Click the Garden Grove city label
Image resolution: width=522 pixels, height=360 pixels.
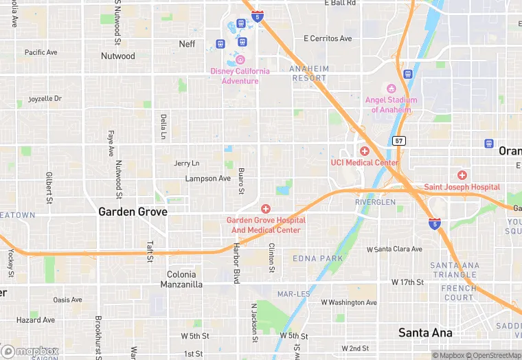(x=133, y=212)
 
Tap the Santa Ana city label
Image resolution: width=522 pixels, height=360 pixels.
(x=426, y=333)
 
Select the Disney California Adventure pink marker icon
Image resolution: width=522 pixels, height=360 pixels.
(x=240, y=60)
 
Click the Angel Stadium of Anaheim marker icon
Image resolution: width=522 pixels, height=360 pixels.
(x=391, y=89)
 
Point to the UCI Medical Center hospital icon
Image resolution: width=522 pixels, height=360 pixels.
(x=364, y=151)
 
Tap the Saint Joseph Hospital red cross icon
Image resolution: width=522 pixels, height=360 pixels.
(x=462, y=175)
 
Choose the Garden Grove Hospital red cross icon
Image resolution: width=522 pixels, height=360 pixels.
(x=265, y=208)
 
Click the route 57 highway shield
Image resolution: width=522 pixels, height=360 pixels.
(x=399, y=140)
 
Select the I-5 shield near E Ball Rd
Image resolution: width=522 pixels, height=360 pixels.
(x=257, y=16)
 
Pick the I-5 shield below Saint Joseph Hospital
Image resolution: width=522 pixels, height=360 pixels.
(x=434, y=223)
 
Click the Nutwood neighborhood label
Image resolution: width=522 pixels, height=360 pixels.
(x=118, y=56)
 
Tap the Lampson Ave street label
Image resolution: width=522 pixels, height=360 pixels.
(x=208, y=179)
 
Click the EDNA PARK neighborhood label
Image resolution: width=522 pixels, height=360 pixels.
(x=317, y=258)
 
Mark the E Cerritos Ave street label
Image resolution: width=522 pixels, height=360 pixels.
(x=328, y=38)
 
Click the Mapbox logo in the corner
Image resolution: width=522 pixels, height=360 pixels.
(x=29, y=352)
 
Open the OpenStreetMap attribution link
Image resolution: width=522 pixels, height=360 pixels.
(x=492, y=355)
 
